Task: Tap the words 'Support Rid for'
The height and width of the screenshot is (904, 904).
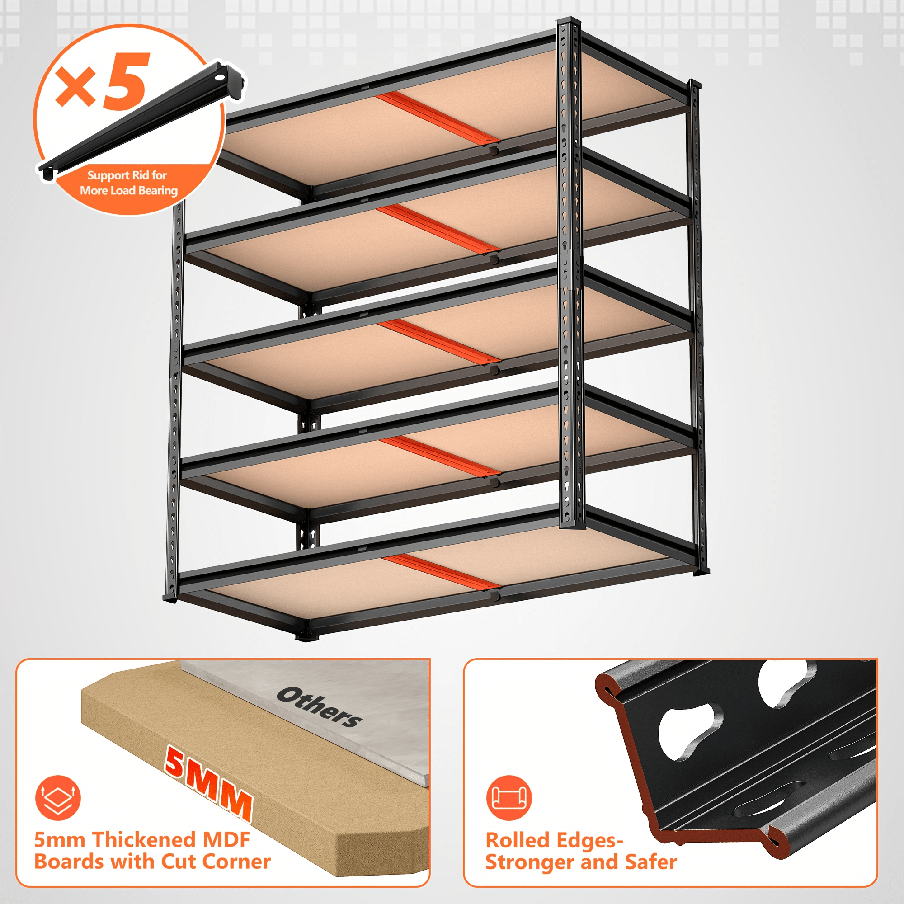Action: [x=127, y=175]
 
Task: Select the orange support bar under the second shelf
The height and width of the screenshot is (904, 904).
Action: [x=438, y=229]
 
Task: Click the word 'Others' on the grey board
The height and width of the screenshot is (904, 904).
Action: [x=319, y=707]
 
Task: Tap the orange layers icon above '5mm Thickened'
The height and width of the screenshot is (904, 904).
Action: [x=58, y=798]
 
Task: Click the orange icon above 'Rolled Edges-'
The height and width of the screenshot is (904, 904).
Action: [x=509, y=798]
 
